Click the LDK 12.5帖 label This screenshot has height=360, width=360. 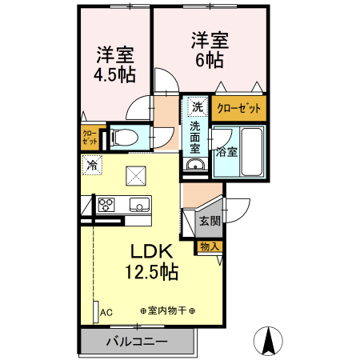(x=151, y=260)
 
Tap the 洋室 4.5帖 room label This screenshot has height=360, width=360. (x=116, y=64)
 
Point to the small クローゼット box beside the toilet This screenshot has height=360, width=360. (x=89, y=136)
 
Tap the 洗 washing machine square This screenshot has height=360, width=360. (x=197, y=106)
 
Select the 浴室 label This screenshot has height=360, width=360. (x=226, y=150)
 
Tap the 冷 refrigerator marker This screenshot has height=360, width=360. (x=92, y=166)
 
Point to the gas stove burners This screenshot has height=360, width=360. (x=106, y=205)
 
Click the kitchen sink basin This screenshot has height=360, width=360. (x=139, y=206)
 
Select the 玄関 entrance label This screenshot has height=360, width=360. (x=210, y=220)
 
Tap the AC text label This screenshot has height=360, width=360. (x=106, y=312)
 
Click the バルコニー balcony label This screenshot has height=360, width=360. (x=137, y=342)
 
